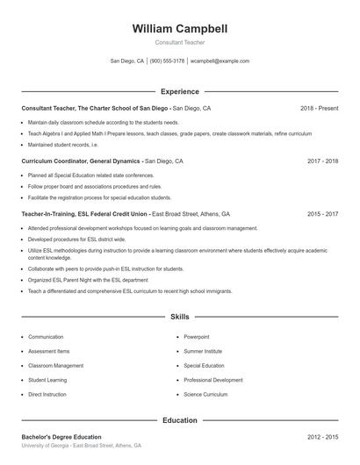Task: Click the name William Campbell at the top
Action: pos(179,29)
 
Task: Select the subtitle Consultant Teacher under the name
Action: pos(179,42)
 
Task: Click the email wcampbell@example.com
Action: pos(220,61)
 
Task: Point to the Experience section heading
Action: pos(179,91)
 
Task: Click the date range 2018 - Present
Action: pos(319,108)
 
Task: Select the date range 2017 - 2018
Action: pos(322,161)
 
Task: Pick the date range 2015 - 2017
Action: pos(322,213)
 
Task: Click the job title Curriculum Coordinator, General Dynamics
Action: pos(81,161)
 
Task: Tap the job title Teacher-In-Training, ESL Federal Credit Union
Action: pos(85,213)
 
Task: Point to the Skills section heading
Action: pos(179,316)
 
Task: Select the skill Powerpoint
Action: pos(196,337)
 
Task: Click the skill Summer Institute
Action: pos(202,351)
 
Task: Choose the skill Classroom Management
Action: pos(55,365)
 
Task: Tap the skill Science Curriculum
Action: pos(205,395)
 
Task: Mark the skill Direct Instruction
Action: pos(47,395)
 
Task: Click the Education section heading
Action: pos(179,420)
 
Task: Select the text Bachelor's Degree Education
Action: pos(61,437)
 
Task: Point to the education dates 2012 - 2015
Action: pos(322,437)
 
